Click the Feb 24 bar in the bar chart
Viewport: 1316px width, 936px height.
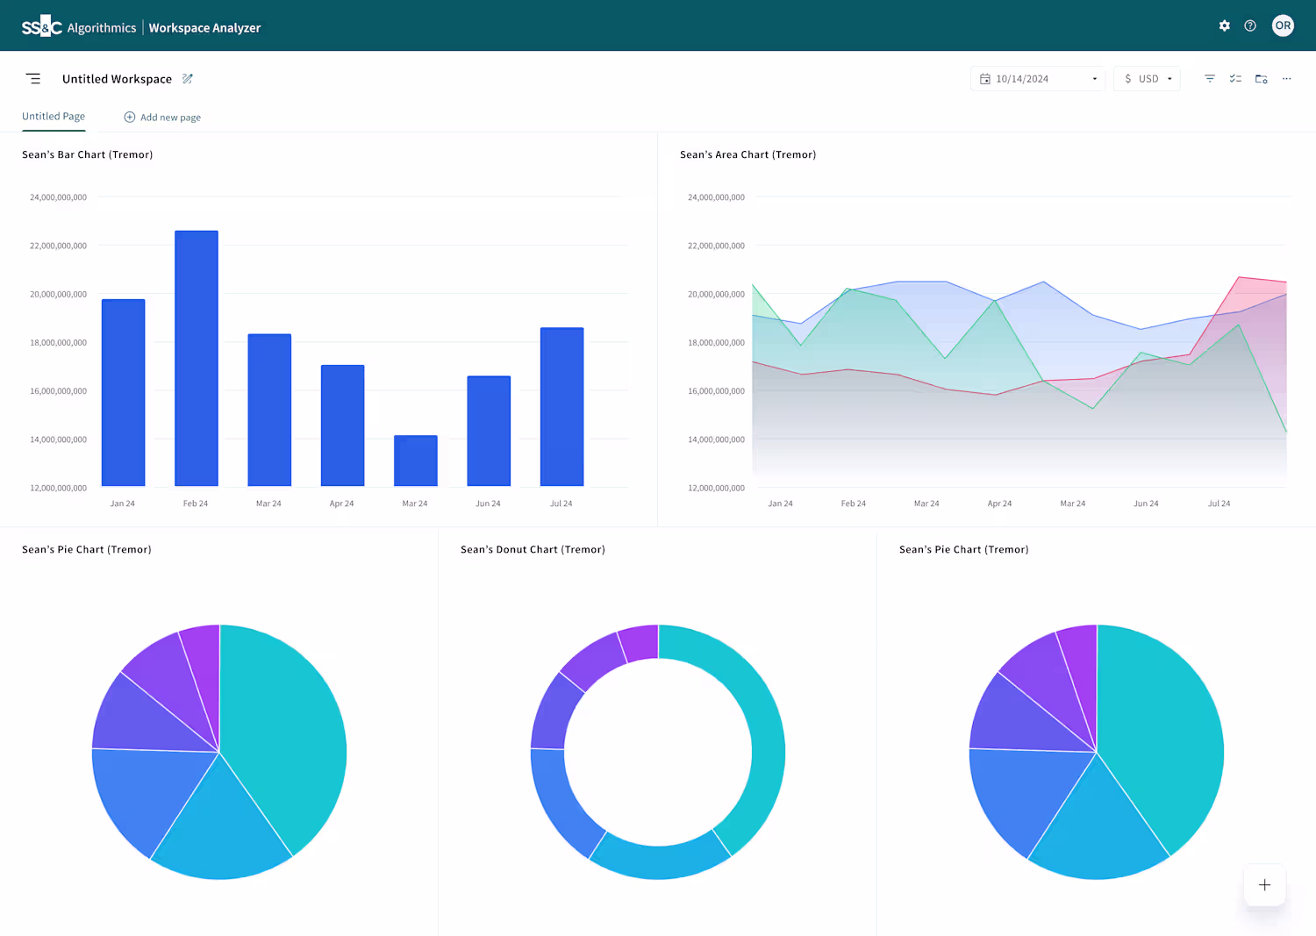click(197, 359)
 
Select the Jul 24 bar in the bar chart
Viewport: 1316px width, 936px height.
click(561, 407)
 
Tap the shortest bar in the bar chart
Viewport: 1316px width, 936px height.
click(415, 461)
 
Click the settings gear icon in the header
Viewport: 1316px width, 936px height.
click(1225, 25)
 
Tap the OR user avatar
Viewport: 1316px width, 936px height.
click(1283, 25)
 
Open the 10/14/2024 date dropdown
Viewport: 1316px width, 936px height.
click(1038, 79)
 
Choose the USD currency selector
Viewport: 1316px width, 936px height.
click(1148, 79)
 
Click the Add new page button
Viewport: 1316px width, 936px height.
click(162, 117)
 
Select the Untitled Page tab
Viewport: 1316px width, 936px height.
click(54, 117)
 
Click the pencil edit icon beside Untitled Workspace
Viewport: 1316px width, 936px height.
click(188, 79)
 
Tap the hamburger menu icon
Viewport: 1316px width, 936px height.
click(33, 79)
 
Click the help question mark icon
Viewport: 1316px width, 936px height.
click(1250, 25)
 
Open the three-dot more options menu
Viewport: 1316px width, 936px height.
click(1287, 79)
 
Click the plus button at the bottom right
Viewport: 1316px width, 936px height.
click(1265, 885)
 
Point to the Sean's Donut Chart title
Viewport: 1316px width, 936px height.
click(533, 549)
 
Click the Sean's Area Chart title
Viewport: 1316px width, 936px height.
click(747, 154)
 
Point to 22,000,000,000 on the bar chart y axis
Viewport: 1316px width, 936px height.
click(58, 246)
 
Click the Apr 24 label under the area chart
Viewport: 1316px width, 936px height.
click(999, 504)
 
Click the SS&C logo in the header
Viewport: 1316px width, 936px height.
click(42, 26)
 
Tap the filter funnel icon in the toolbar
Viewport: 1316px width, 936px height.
click(1210, 79)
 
